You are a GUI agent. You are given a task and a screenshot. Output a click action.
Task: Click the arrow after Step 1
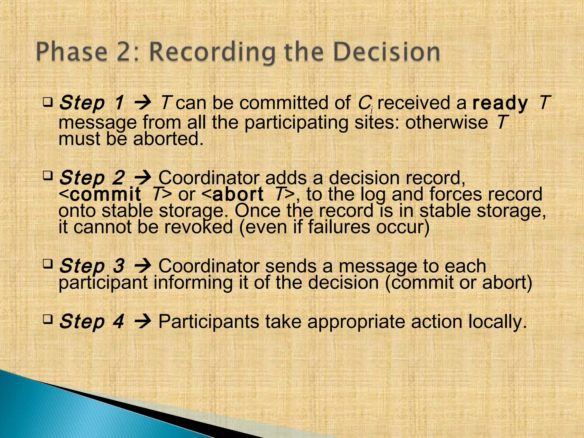(x=143, y=103)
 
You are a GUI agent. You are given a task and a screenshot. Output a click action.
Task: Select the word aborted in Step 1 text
(x=168, y=139)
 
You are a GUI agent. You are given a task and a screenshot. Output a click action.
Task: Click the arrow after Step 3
(x=143, y=266)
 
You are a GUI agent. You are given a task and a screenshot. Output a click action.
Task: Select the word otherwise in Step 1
(x=447, y=122)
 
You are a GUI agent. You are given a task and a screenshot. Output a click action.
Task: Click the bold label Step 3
(x=92, y=266)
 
